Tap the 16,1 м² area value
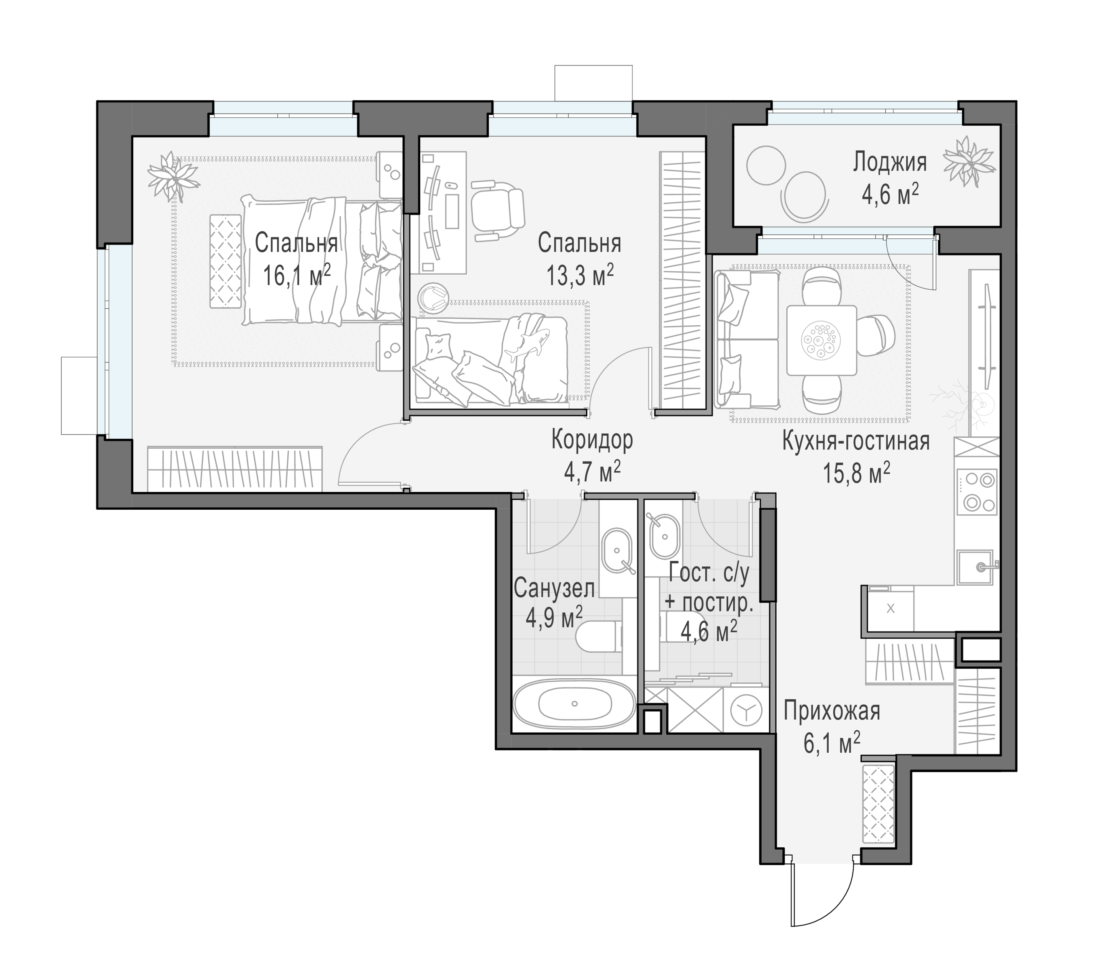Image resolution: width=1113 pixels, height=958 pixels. point(297,276)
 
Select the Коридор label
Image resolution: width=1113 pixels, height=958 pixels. point(592,441)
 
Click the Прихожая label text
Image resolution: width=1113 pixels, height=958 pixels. point(831,712)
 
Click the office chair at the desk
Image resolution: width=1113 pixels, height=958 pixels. point(497,212)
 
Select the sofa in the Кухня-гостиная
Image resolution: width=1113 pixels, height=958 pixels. point(747,340)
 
